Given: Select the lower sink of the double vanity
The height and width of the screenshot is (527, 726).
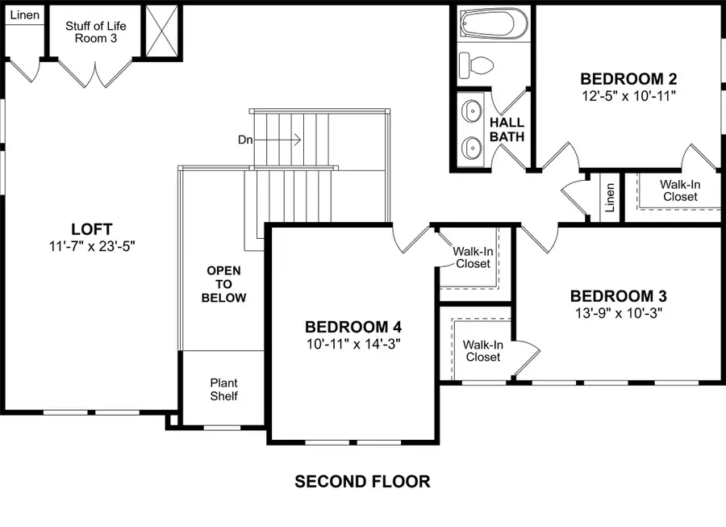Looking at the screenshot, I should (471, 147).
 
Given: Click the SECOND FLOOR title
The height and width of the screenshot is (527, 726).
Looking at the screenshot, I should (362, 482).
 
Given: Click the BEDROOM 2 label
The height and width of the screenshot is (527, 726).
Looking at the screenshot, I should (628, 79).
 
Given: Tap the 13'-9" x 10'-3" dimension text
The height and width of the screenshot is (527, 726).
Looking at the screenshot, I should (619, 313).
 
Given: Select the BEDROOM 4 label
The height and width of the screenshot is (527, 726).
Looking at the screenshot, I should (353, 327).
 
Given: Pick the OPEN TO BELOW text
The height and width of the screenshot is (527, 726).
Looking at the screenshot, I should (223, 284).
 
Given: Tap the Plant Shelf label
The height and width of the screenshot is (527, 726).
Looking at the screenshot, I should (223, 389).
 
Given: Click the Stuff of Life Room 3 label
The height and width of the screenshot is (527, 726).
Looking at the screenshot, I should (95, 31).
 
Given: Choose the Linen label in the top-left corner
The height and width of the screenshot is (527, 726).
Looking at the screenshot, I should (24, 15).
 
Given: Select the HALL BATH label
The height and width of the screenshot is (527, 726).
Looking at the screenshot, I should (507, 130).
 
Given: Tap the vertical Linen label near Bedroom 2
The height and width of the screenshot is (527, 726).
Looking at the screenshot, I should (610, 197).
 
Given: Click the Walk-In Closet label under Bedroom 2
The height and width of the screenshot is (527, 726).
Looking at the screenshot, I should (680, 190).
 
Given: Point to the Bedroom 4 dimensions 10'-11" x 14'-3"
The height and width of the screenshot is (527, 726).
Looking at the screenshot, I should (353, 344).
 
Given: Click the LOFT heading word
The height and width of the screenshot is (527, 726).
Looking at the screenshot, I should (91, 229).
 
